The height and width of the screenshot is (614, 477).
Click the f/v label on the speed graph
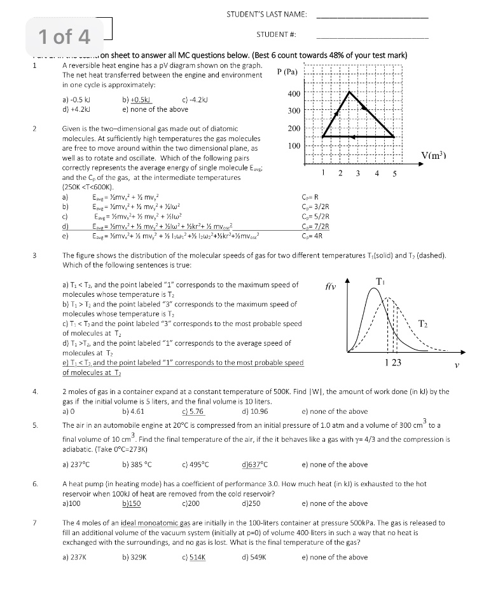[x=329, y=287]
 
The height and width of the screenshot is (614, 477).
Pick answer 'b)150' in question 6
[x=131, y=503]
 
